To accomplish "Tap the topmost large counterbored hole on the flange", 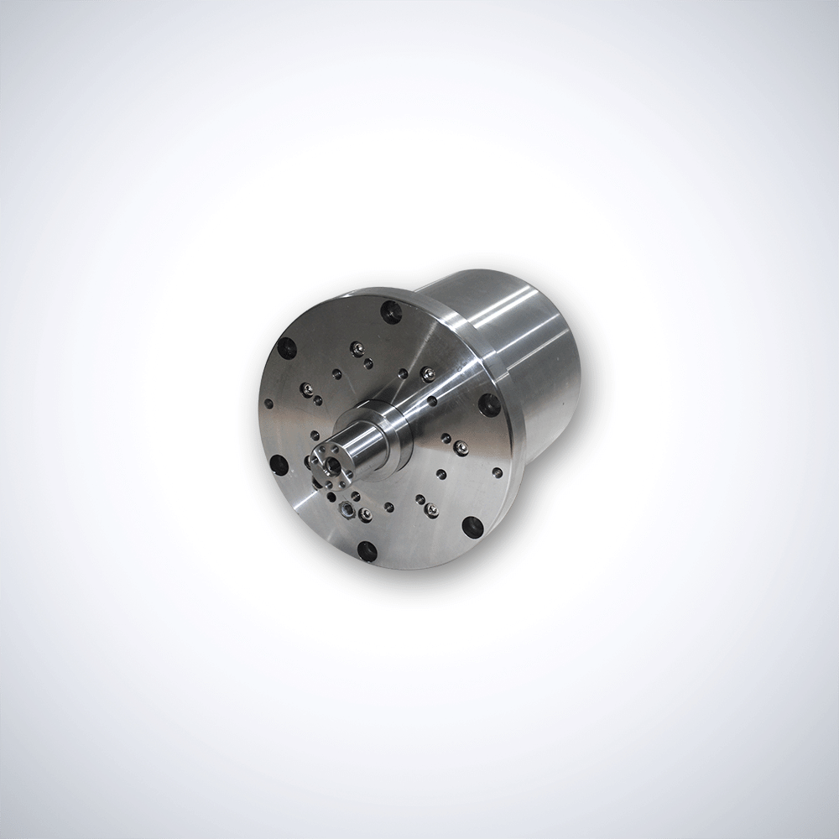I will pyautogui.click(x=391, y=312).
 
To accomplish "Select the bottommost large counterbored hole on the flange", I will pyautogui.click(x=367, y=550).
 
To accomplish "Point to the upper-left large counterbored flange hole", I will pyautogui.click(x=288, y=347).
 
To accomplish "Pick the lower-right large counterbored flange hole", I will pyautogui.click(x=472, y=527).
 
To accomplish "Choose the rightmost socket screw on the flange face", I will pyautogui.click(x=460, y=447).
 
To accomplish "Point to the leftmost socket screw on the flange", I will pyautogui.click(x=307, y=388).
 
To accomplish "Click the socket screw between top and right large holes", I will pyautogui.click(x=428, y=373).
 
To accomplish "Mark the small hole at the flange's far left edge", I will pyautogui.click(x=268, y=404).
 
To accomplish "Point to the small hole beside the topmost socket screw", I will pyautogui.click(x=367, y=363).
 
